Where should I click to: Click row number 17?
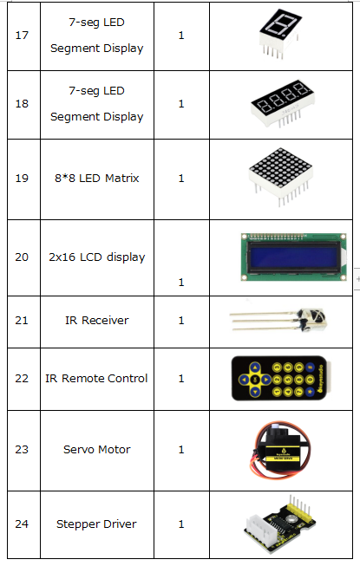22,36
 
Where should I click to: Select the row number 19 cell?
22,179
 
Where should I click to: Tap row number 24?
22,524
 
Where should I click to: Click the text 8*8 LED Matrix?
97,179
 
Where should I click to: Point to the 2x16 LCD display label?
97,257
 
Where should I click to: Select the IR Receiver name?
97,320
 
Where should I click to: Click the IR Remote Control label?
96,378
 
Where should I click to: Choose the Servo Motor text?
97,449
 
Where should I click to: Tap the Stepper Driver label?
96,524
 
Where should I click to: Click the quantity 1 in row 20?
181,283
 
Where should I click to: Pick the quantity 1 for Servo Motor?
181,449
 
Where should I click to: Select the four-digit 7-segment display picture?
283,104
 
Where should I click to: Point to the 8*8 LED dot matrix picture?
280,177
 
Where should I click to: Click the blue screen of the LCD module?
293,256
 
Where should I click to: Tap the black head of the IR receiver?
312,320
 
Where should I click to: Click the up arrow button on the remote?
255,368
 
